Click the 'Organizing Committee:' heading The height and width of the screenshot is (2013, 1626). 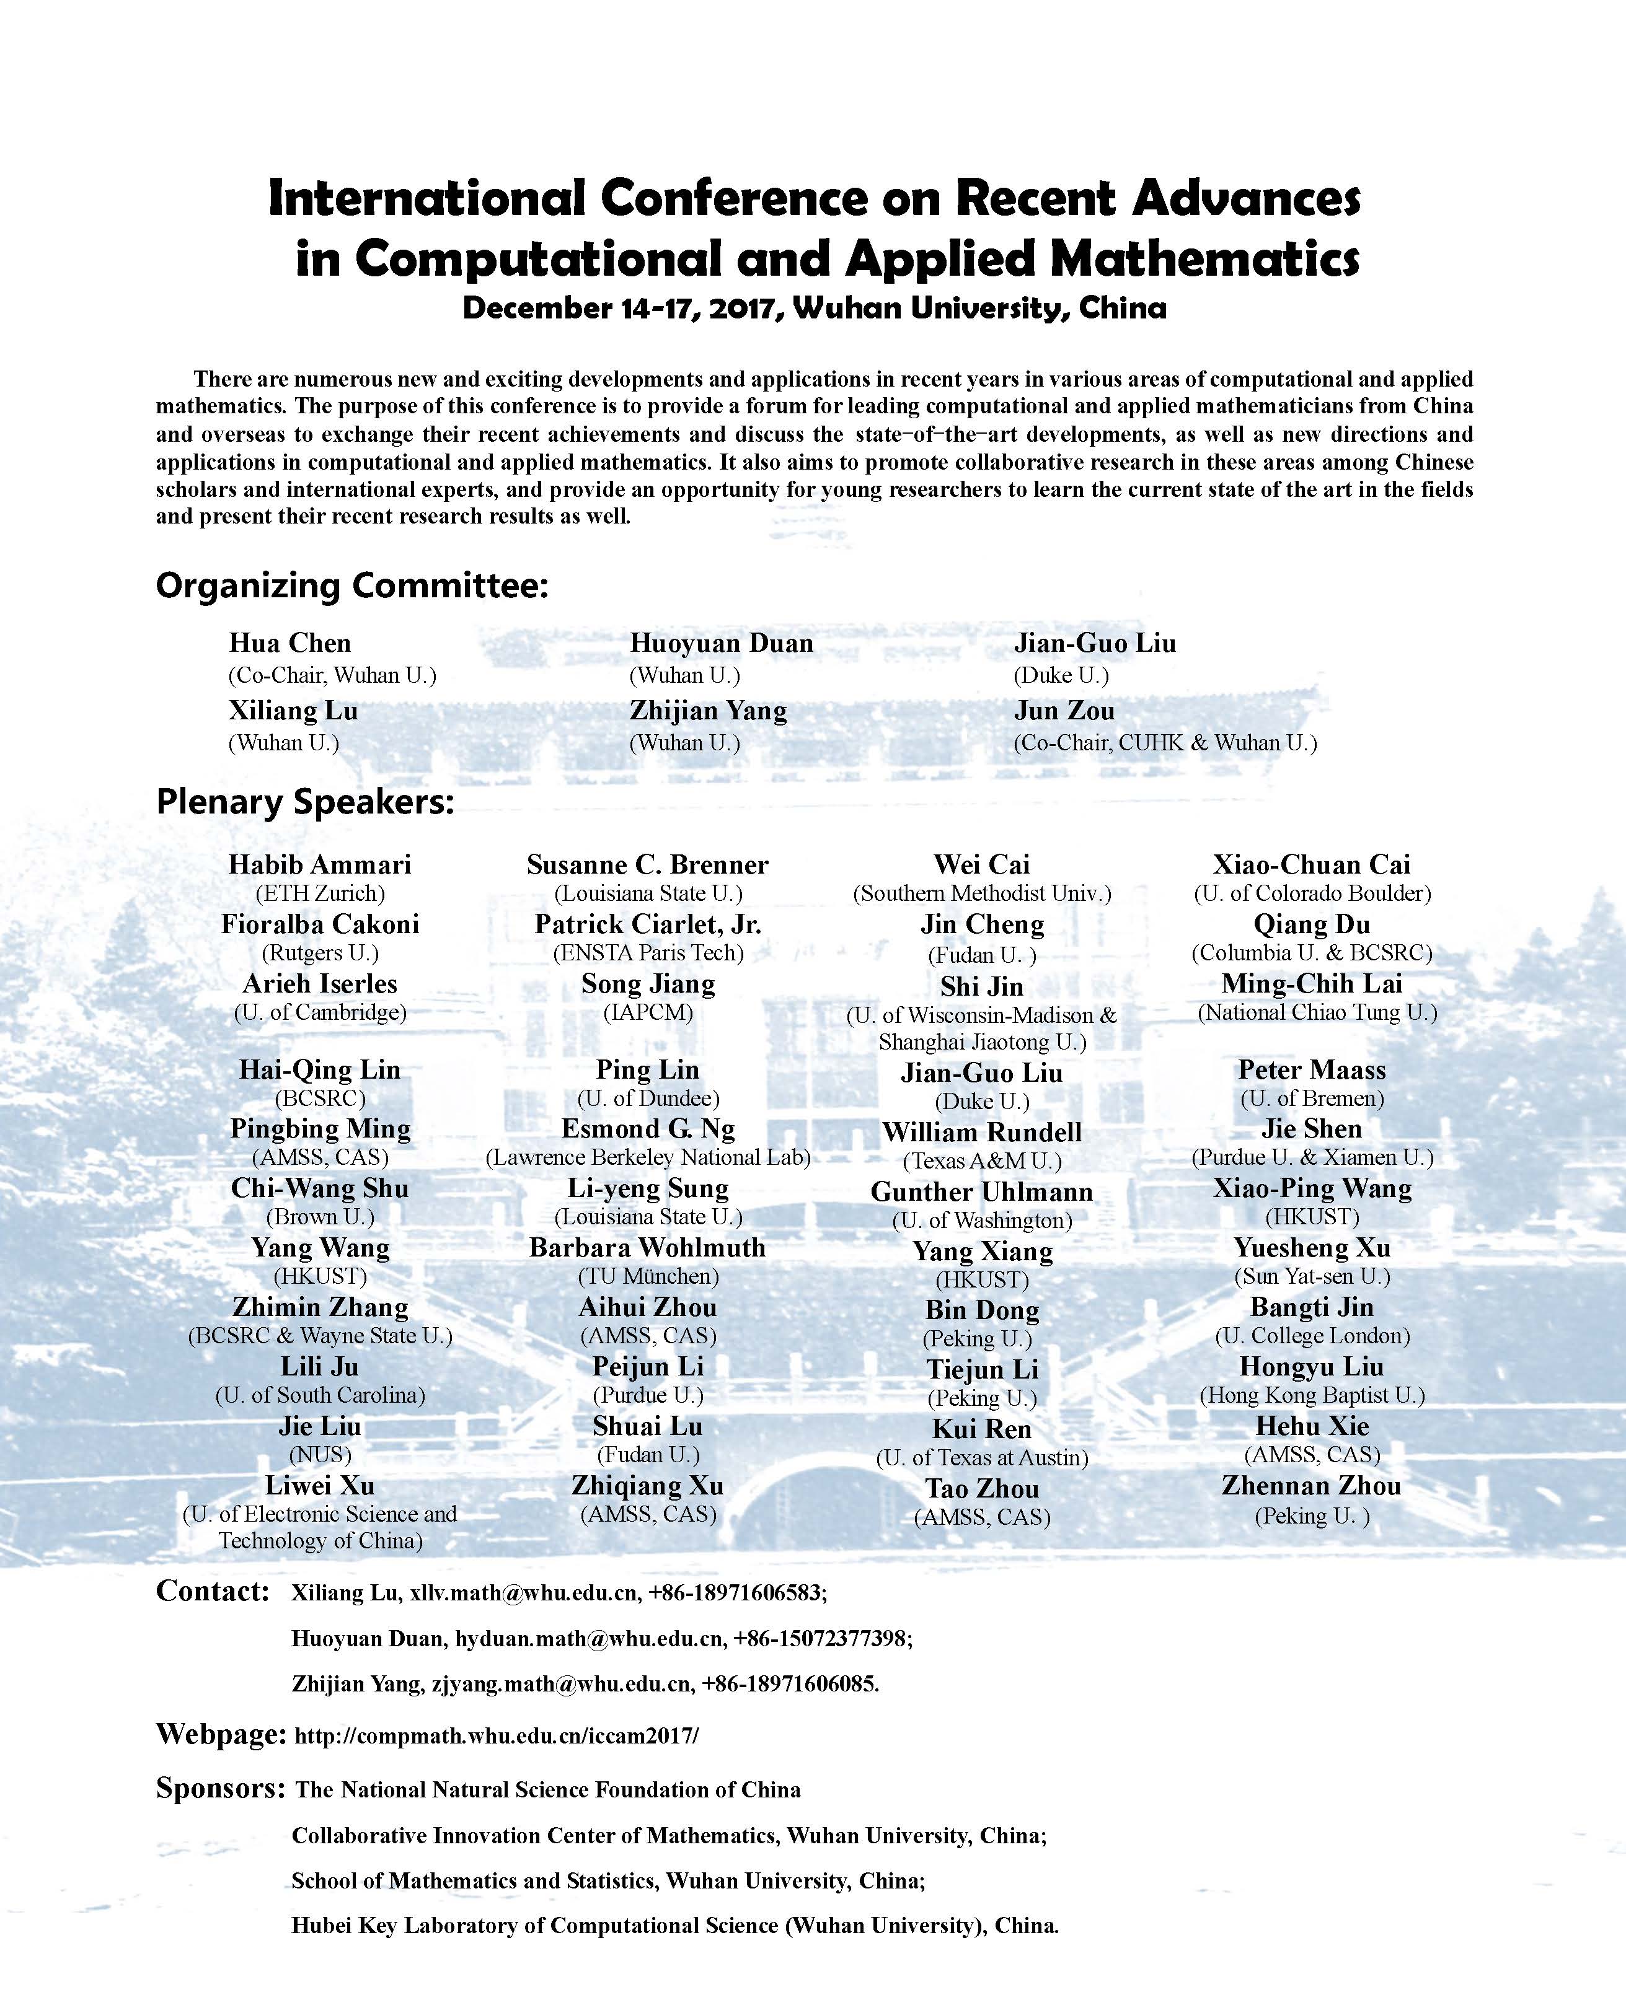coord(351,586)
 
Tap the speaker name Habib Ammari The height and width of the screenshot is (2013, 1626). coord(320,864)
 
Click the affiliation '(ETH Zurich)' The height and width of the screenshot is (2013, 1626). coord(320,893)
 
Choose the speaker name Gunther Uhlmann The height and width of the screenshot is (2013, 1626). coord(981,1192)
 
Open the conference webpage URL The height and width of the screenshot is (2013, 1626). coord(497,1735)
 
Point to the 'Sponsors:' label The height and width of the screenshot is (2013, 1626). coord(220,1787)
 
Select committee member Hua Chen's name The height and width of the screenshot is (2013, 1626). coord(290,643)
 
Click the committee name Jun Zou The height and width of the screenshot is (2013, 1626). coord(1064,711)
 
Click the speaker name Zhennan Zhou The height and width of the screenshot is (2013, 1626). coord(1311,1486)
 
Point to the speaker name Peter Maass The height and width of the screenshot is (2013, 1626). coord(1311,1069)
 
